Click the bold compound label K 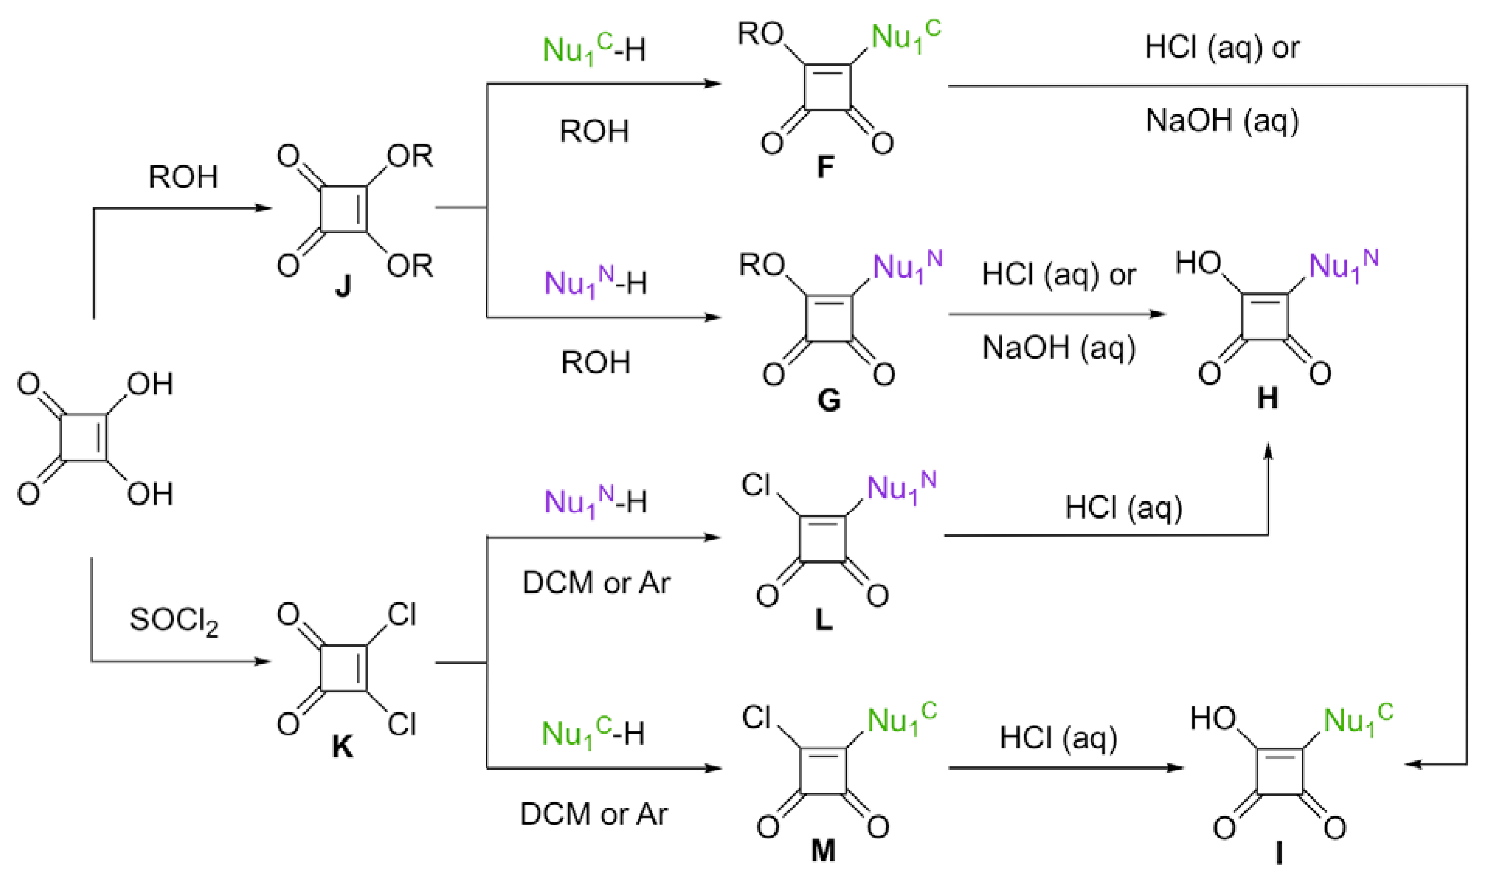(x=342, y=747)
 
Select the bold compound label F (x=826, y=167)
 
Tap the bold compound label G (x=828, y=400)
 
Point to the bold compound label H (x=1267, y=399)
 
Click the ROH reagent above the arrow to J (x=183, y=178)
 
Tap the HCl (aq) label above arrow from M (x=1058, y=738)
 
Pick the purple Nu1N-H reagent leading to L (x=595, y=502)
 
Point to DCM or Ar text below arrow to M (x=593, y=815)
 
